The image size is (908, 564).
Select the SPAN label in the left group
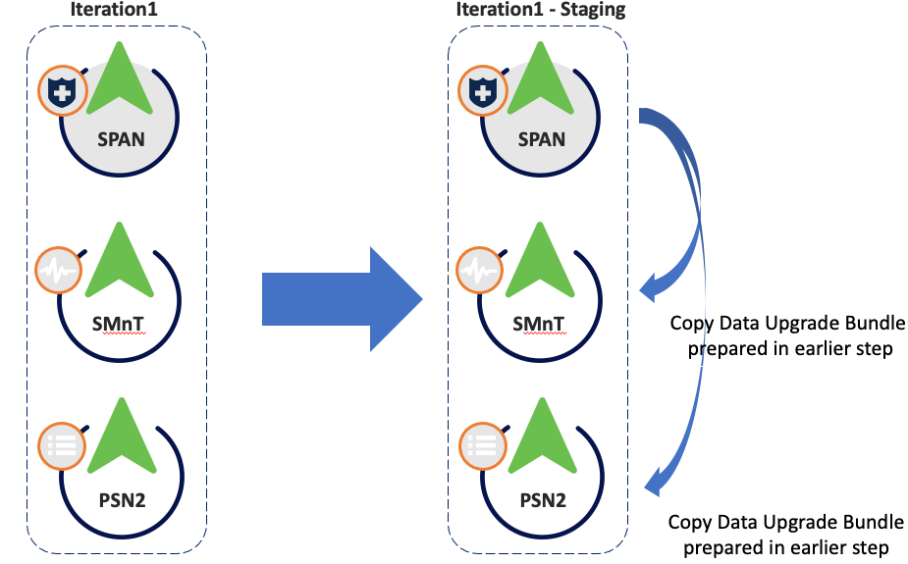(x=121, y=139)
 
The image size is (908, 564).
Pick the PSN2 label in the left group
(x=121, y=500)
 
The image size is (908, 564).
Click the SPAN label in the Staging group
(x=542, y=139)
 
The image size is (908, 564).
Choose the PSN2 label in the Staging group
(x=542, y=500)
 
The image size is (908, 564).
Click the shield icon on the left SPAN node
(x=63, y=92)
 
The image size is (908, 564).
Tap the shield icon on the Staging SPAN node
(x=483, y=92)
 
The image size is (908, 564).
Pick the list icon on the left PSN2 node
(x=61, y=447)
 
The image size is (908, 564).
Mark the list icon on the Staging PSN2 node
(x=483, y=447)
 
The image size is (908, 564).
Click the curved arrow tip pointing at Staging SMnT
(x=649, y=287)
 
